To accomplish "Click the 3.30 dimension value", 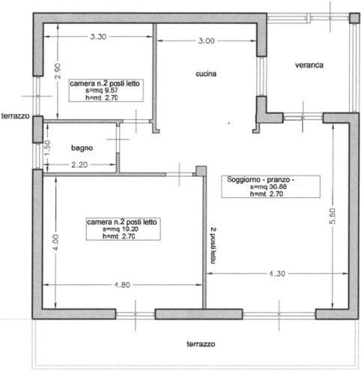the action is coord(98,37).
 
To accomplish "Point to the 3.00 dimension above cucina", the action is coord(206,40).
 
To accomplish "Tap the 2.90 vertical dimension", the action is coord(58,71).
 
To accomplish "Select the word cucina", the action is coord(206,73).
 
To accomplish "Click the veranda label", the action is coord(309,65).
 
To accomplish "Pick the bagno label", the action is coord(82,148).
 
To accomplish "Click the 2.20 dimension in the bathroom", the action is coord(79,165).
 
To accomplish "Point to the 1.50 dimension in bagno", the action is coord(47,148).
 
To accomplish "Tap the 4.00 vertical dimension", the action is coord(55,242).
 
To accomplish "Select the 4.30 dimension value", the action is coord(277,274).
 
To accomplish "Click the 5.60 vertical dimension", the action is coord(333,216).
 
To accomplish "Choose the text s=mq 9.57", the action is coord(102,91).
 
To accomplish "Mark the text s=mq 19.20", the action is coord(121,229).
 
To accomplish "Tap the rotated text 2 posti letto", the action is coord(213,245).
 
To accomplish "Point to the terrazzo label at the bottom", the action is coord(201,344).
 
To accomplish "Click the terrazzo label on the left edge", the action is coord(15,116).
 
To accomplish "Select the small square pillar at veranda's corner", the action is coord(354,18).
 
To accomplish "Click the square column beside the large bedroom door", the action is coord(201,171).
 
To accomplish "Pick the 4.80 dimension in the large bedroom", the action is coord(122,285).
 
